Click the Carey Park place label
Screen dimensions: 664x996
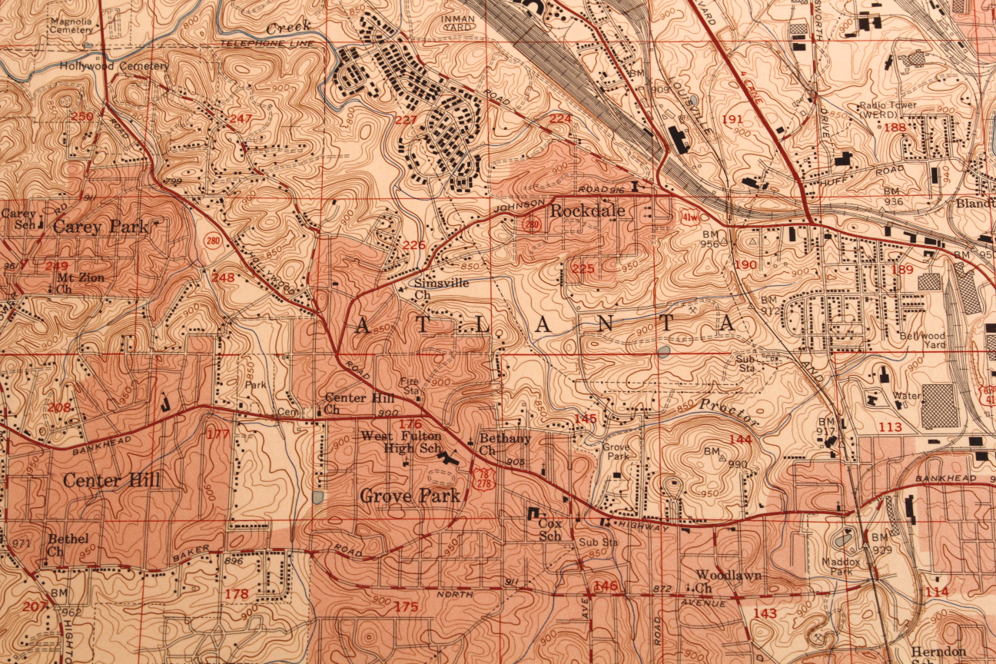100,227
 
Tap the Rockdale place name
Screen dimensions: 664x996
587,210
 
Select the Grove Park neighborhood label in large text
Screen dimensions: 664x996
410,496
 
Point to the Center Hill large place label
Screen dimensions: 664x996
111,481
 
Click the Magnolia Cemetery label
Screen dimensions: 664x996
76,25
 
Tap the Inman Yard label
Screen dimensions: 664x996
458,22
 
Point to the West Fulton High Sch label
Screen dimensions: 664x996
401,442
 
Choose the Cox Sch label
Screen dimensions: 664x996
550,530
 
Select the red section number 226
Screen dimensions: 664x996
414,245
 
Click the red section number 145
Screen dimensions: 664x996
585,418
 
